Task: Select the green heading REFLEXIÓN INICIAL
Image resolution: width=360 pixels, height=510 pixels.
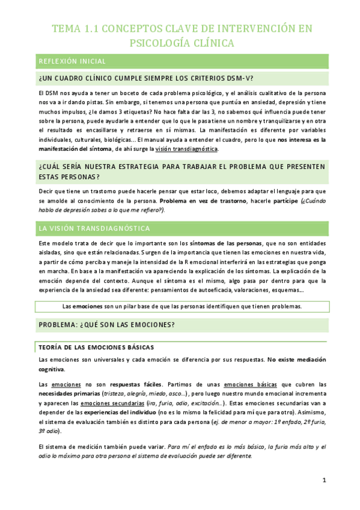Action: click(72, 61)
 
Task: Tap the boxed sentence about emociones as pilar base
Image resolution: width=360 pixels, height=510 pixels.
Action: click(182, 306)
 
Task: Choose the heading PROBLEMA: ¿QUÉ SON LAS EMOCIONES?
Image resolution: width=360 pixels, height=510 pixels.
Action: click(106, 325)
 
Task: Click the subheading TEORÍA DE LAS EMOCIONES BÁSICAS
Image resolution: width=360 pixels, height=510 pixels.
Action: click(96, 347)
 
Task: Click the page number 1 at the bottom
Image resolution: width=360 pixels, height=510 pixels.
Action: click(323, 481)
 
